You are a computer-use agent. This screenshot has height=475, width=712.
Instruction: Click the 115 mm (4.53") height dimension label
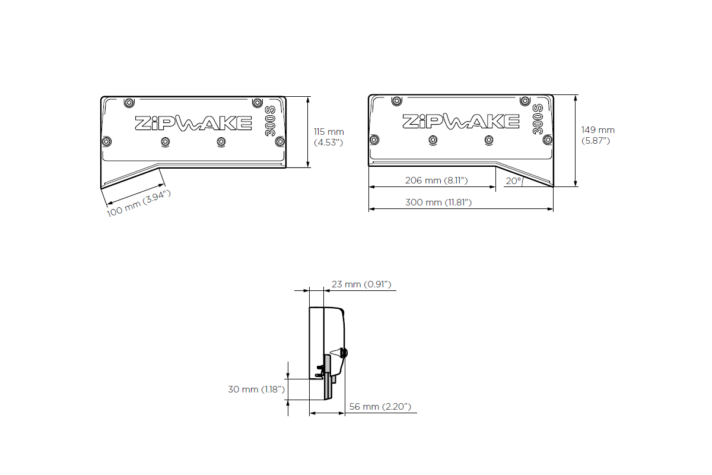click(x=329, y=137)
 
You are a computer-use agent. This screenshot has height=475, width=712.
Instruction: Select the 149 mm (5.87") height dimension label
click(x=597, y=135)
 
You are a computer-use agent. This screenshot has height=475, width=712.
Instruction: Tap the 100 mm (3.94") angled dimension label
click(x=139, y=203)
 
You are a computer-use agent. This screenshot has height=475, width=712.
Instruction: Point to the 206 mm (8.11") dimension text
click(x=437, y=180)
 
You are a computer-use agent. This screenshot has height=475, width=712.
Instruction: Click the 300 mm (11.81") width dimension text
click(x=438, y=202)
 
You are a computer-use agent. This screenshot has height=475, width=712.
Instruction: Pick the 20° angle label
click(x=513, y=181)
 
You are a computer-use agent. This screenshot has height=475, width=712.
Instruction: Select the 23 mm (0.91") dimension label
click(x=361, y=284)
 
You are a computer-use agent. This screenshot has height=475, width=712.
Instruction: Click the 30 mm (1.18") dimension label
click(x=257, y=389)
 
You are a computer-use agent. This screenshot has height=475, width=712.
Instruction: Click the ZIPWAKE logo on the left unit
click(x=193, y=122)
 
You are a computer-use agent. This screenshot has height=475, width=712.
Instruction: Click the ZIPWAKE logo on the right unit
click(x=460, y=121)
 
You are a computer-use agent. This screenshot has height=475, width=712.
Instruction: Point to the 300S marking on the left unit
click(x=269, y=121)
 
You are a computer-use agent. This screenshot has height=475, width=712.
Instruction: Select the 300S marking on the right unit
click(x=538, y=119)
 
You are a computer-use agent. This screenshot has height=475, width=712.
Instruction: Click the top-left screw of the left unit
click(x=129, y=103)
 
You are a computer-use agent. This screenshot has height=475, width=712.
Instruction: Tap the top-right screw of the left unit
click(x=256, y=103)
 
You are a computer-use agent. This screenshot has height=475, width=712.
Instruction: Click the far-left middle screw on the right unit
click(x=374, y=140)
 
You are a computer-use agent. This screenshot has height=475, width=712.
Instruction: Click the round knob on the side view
click(x=344, y=353)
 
